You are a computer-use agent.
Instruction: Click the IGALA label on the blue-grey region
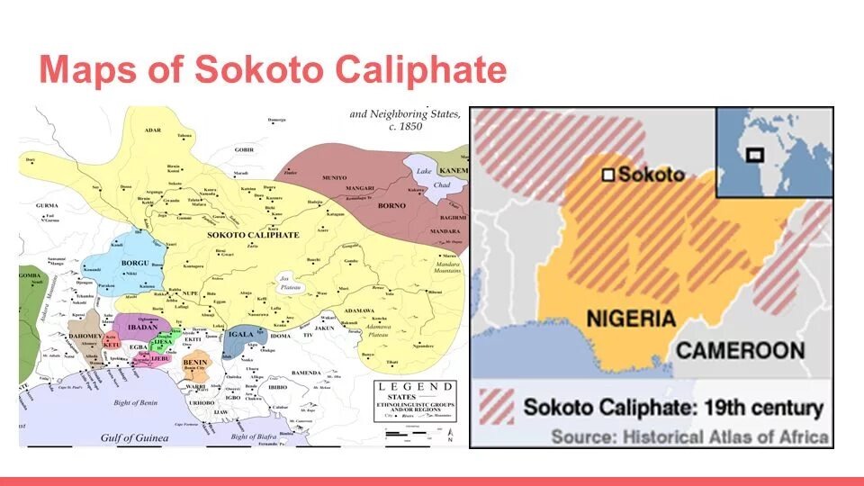coord(241,334)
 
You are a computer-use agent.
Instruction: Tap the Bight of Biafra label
coord(256,436)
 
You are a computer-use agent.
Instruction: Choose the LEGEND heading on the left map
coord(417,386)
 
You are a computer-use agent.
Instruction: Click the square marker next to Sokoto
coord(608,175)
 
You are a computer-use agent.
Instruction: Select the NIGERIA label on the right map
coord(630,319)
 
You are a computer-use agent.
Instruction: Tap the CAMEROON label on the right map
coord(740,349)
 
